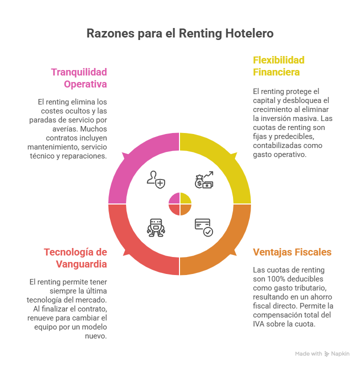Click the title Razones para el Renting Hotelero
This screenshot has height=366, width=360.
180,33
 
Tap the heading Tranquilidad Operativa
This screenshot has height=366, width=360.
79,77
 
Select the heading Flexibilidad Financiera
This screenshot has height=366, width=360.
278,66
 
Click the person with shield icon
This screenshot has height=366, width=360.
155,179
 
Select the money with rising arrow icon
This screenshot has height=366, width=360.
204,179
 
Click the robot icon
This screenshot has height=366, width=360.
155,227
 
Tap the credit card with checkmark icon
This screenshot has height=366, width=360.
203,227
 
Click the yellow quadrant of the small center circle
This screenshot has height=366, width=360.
185,198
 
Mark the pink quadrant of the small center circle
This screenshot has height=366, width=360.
174,198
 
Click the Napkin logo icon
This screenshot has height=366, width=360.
327,353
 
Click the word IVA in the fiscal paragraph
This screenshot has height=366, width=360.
259,323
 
